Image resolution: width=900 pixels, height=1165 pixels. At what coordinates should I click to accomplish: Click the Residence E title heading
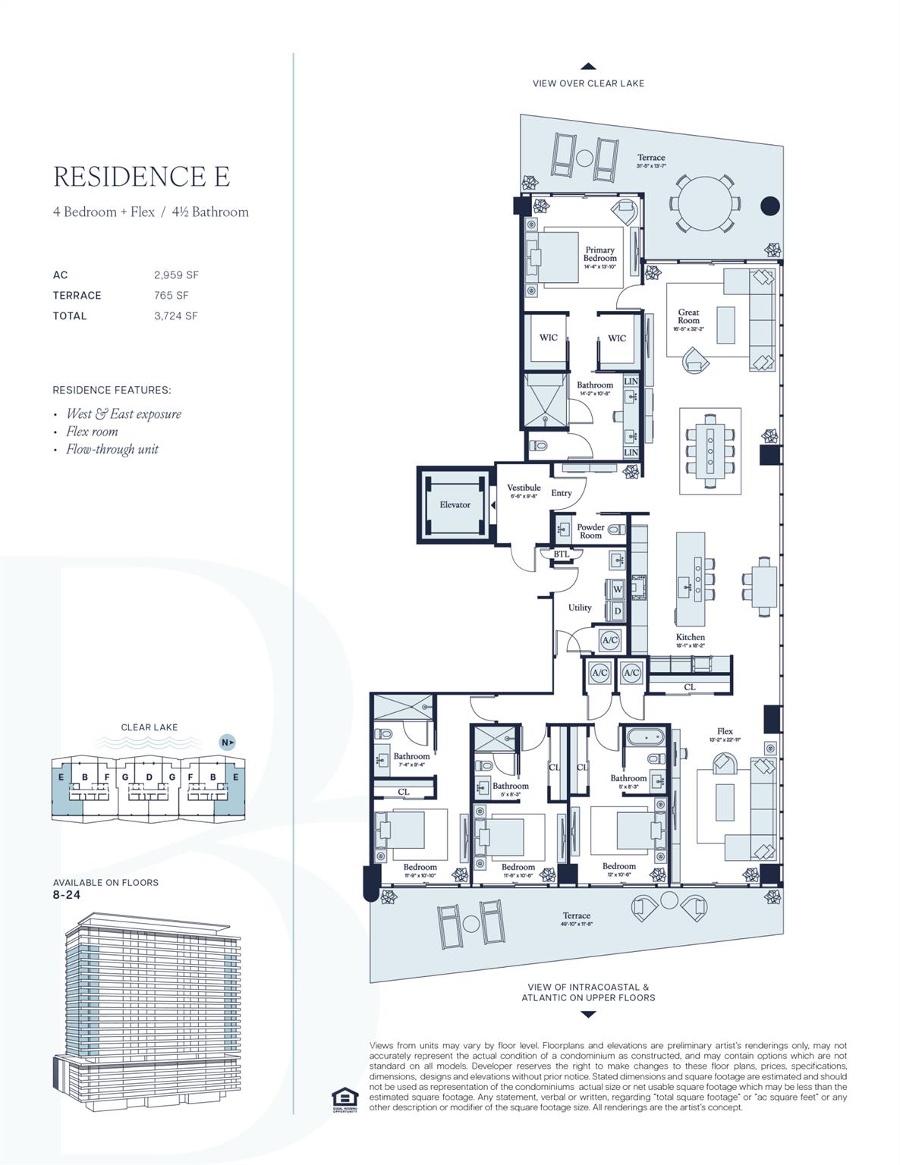141,176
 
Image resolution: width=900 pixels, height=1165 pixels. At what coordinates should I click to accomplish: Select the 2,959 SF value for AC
176,275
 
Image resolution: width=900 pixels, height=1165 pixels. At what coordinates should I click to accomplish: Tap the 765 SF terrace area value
172,296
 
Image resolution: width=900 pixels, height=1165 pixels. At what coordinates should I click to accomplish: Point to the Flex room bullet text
92,432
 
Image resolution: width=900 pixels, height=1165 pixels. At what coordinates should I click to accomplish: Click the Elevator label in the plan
455,504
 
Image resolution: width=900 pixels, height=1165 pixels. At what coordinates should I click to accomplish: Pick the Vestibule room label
524,488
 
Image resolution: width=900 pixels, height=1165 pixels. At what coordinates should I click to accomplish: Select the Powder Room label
590,531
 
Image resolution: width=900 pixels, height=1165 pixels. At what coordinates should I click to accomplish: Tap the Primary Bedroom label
599,254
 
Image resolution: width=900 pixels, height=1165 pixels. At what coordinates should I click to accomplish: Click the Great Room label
688,316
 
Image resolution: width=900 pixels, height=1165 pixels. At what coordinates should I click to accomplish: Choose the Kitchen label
691,637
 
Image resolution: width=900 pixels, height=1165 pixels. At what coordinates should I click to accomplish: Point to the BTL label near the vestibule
561,554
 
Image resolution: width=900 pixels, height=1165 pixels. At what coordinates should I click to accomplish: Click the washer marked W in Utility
618,589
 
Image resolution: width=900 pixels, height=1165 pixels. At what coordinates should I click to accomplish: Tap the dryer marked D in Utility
618,610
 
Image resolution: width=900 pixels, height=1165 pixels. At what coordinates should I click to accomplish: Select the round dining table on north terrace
706,203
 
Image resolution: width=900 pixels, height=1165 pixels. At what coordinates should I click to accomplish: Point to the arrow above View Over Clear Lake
588,67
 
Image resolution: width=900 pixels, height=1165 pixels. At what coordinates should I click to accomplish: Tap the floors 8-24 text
67,895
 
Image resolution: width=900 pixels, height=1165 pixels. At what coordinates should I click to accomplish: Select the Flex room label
725,731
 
